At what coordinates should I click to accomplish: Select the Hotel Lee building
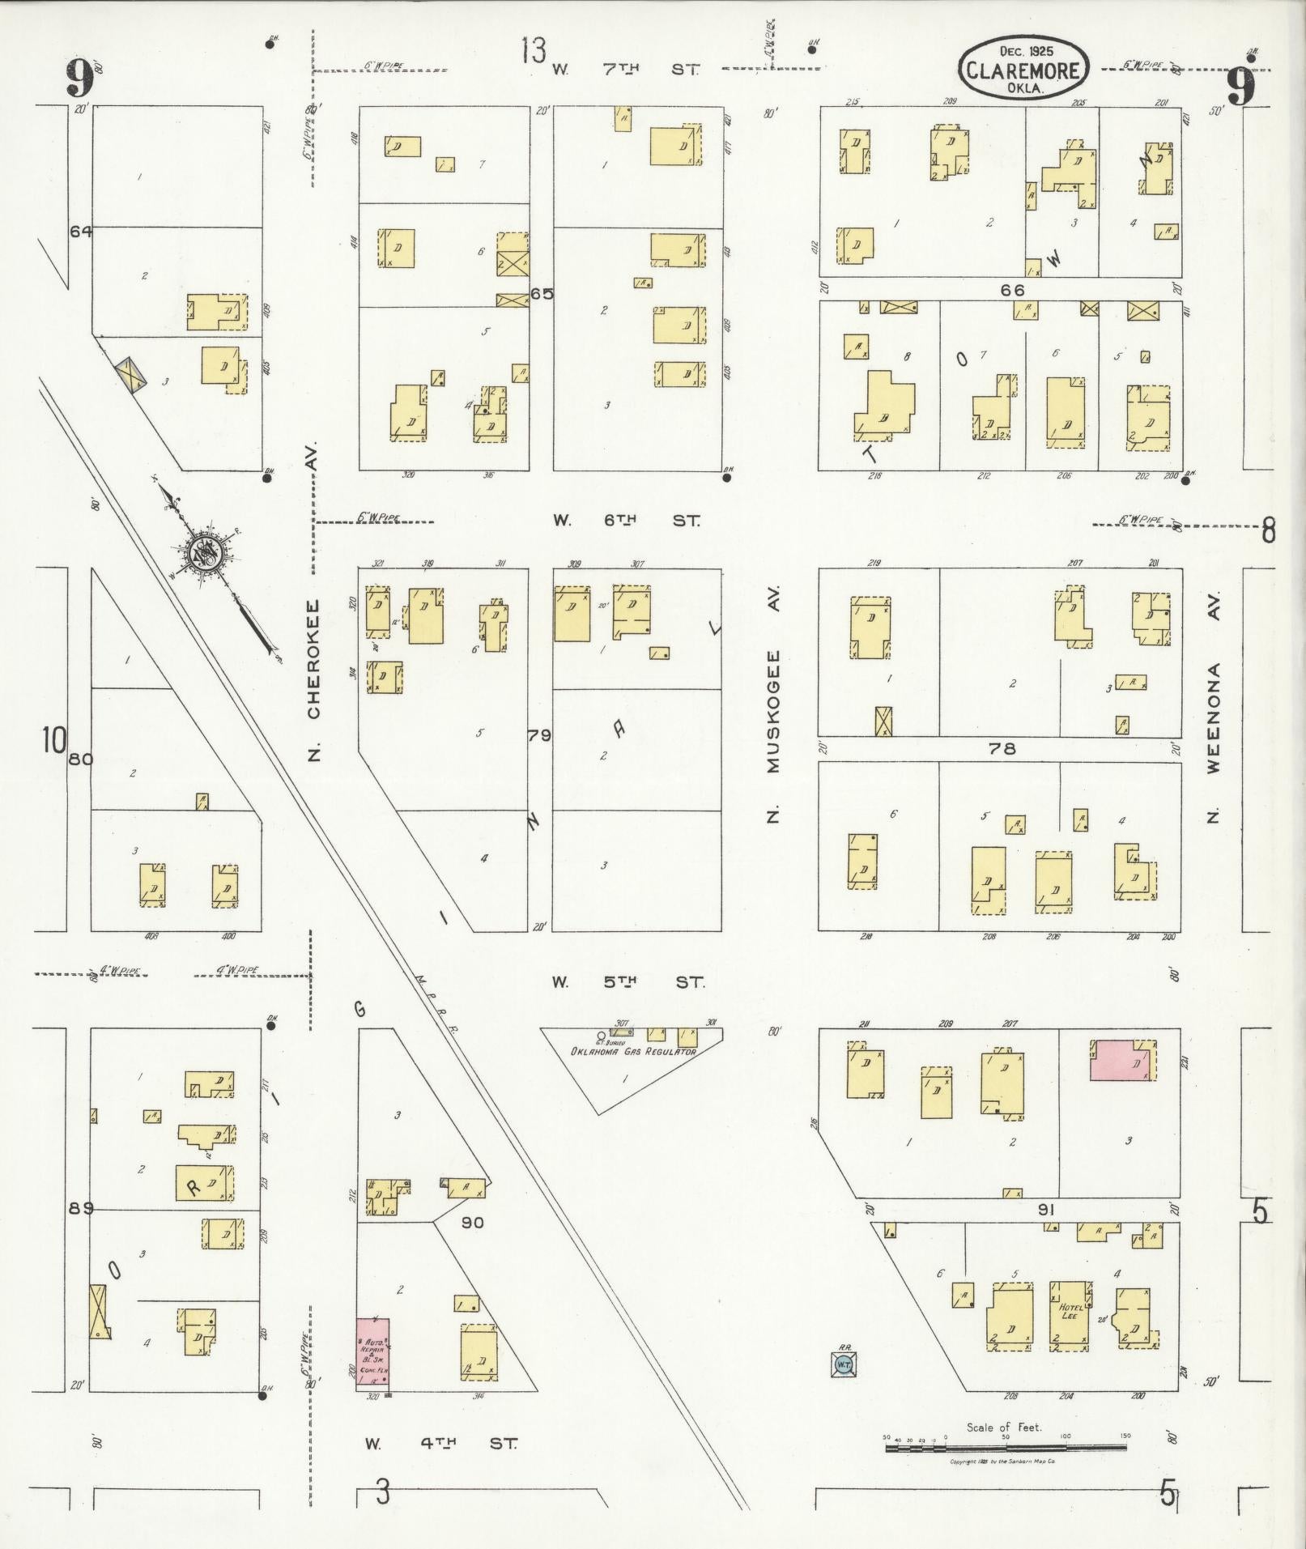[1070, 1316]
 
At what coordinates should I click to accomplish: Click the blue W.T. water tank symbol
[843, 1364]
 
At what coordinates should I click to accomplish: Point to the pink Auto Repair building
[373, 1354]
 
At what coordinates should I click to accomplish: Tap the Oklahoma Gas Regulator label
[633, 1052]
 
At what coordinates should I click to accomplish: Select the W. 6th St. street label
[627, 521]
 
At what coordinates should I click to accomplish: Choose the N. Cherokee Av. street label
[314, 680]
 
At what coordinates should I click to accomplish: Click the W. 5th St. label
[627, 982]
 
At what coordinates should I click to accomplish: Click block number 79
[539, 735]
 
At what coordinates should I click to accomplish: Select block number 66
[1012, 290]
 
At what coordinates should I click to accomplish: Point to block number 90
[472, 1223]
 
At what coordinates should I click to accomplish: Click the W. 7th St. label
[625, 70]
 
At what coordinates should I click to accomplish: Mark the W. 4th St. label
[440, 1443]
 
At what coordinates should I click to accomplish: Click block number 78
[1002, 749]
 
